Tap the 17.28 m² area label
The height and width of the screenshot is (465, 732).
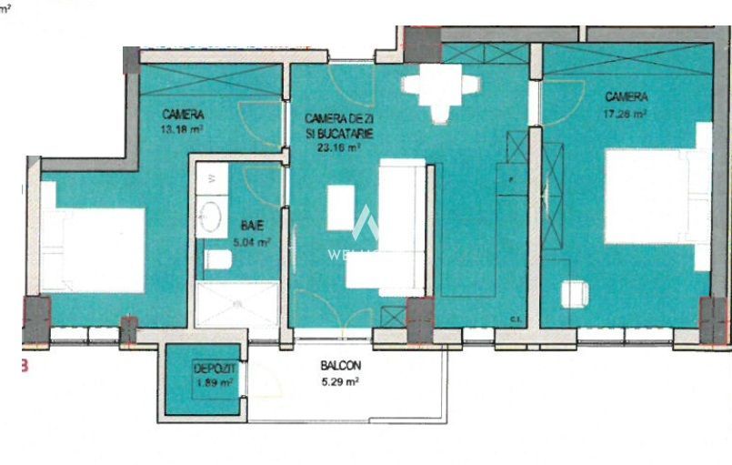point(627,114)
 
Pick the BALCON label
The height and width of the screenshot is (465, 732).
point(341,366)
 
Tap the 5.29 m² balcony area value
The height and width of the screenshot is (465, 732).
point(341,382)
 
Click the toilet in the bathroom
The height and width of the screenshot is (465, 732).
point(218,261)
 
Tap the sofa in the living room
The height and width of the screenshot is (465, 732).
point(401,227)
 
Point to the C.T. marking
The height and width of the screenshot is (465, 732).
point(514,318)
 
